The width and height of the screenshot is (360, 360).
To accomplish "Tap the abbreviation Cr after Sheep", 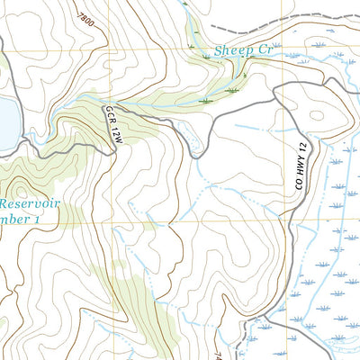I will pos(263,52).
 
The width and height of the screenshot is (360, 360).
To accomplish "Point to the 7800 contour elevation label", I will pos(85,17).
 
